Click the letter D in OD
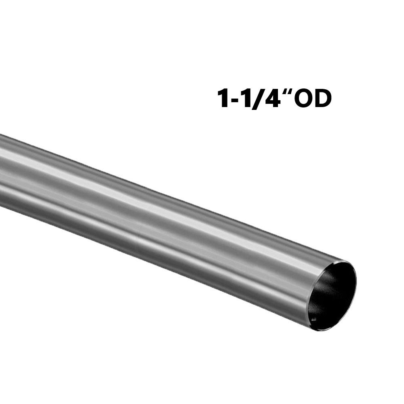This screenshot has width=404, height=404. coord(323,99)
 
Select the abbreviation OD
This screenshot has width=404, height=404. coord(313,99)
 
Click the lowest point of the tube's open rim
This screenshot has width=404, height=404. coord(321,330)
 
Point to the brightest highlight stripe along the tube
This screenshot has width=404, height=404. coord(162,202)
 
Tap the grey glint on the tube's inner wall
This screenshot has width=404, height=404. coord(323,291)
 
